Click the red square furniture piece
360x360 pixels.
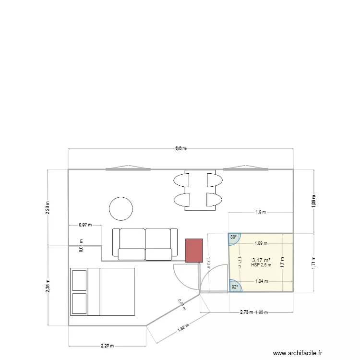[194, 250]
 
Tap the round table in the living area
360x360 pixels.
[121, 208]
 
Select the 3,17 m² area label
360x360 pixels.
[261, 260]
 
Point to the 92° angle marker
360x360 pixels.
[235, 287]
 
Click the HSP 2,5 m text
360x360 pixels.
[261, 265]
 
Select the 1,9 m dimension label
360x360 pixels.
[261, 212]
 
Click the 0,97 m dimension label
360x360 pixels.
[85, 224]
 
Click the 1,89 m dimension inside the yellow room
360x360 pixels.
[262, 243]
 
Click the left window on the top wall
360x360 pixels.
[128, 169]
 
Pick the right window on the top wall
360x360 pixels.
[245, 169]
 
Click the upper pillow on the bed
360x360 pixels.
[79, 280]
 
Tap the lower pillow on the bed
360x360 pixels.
[79, 303]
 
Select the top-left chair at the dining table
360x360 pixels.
[181, 180]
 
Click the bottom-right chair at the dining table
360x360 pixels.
[214, 199]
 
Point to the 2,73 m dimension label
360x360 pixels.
[247, 312]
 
